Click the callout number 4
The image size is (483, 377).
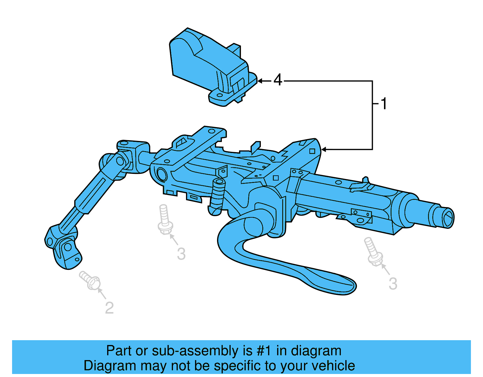point(278,80)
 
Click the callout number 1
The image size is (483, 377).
point(384,104)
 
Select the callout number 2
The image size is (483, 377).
point(109,308)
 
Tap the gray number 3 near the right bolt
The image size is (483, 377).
point(393,284)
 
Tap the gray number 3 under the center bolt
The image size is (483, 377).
point(181,254)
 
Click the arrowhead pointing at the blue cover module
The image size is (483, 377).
point(260,81)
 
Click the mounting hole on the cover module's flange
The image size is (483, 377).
point(220,95)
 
